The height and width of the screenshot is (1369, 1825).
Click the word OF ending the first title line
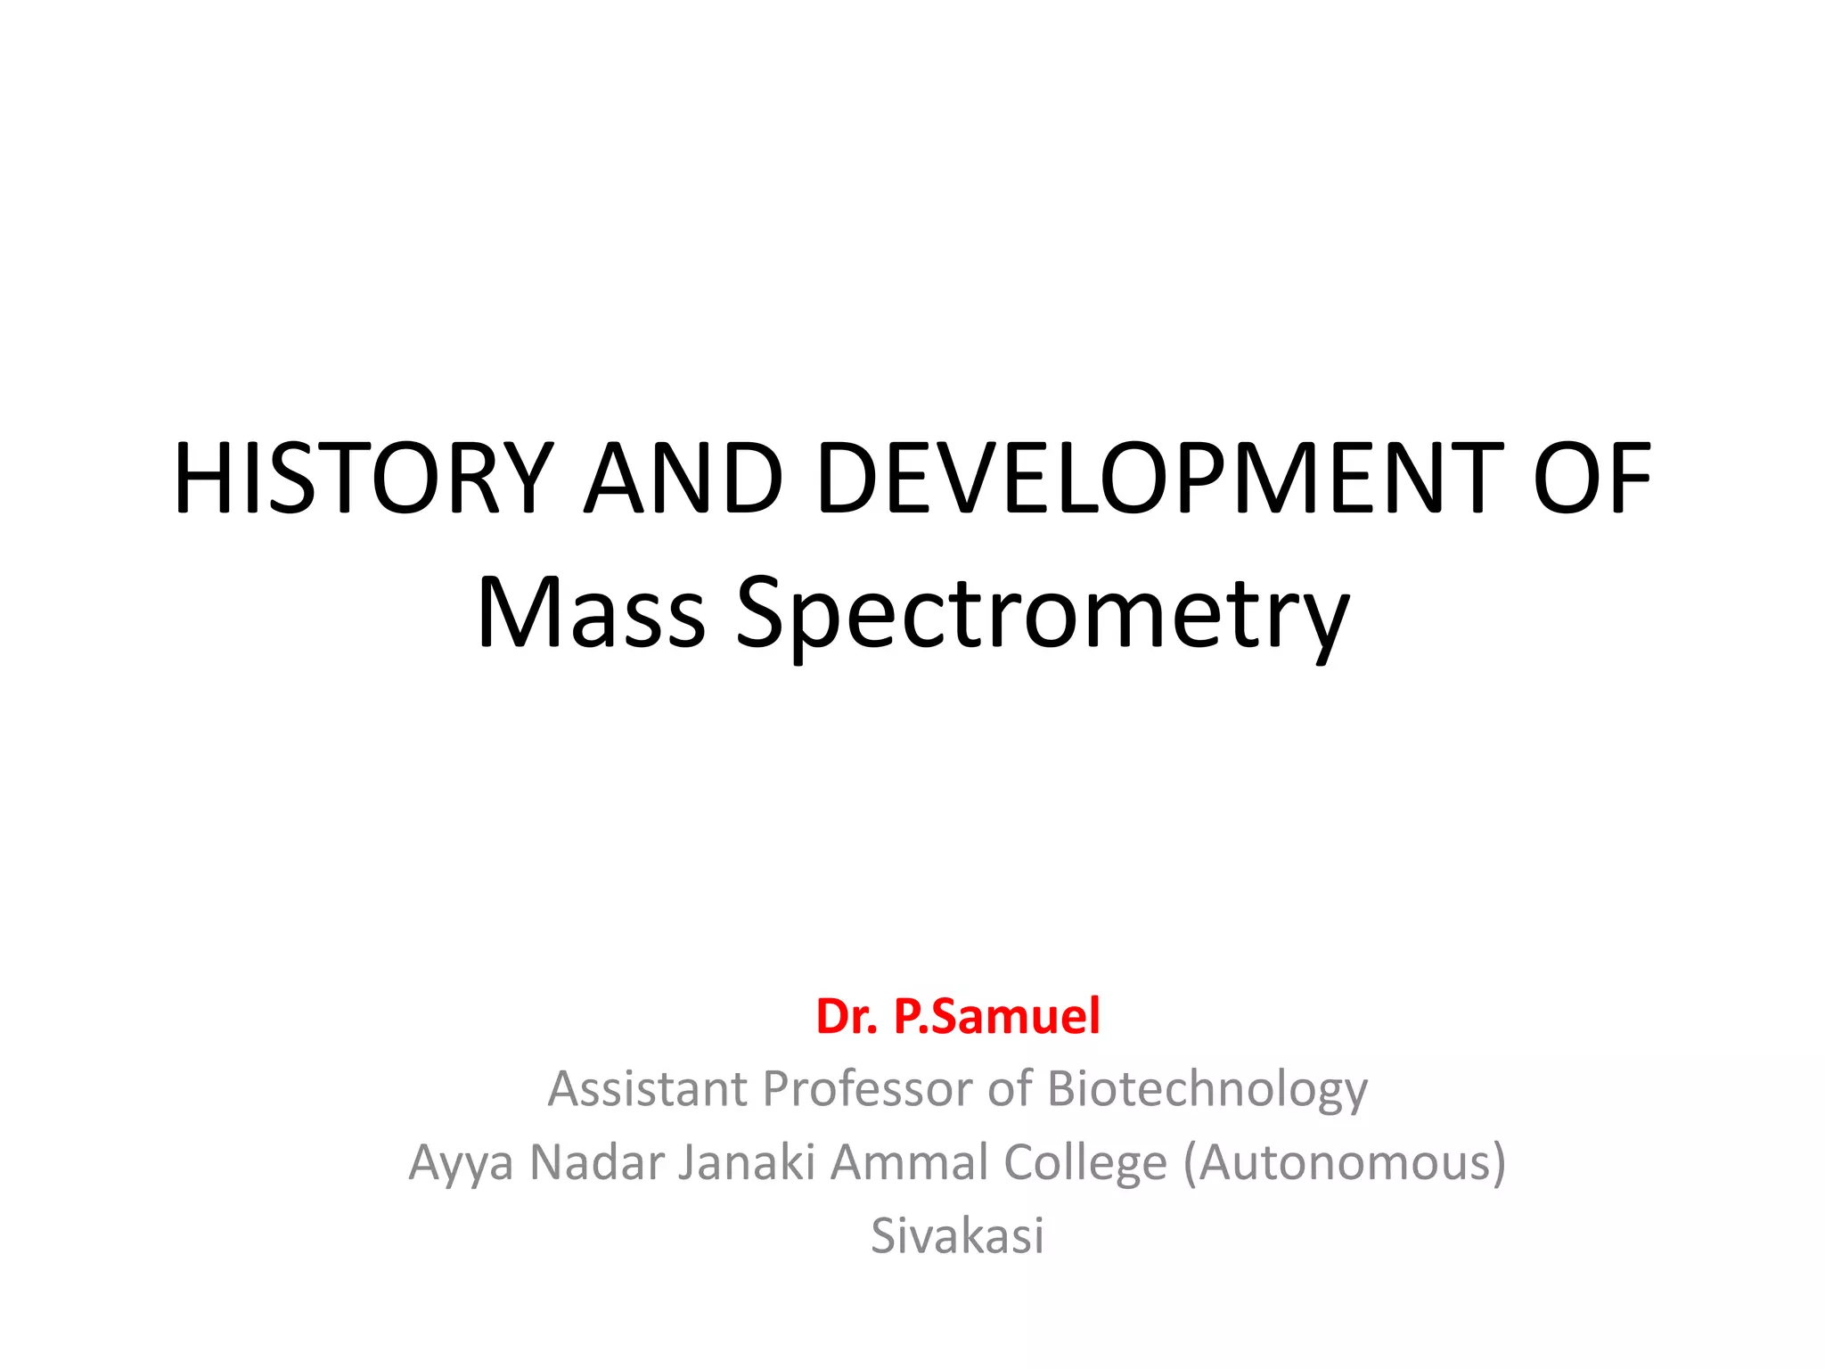(x=1592, y=479)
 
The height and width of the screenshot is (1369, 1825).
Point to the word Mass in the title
(x=592, y=613)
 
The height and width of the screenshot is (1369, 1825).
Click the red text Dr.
(x=847, y=1017)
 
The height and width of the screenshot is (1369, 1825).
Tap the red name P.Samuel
(x=996, y=1017)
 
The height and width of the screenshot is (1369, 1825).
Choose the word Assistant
(x=648, y=1089)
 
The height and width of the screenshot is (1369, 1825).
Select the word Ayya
(x=461, y=1164)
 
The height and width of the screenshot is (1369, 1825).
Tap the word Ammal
(x=909, y=1162)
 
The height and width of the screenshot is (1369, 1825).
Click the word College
(x=1084, y=1164)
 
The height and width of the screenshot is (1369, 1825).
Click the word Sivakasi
(x=957, y=1236)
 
